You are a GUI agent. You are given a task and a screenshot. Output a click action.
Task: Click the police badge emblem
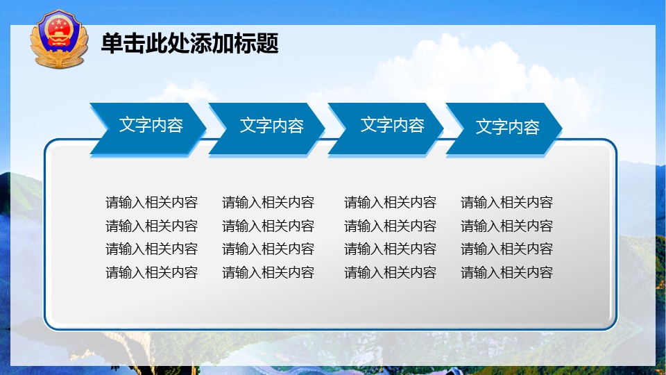pos(59,39)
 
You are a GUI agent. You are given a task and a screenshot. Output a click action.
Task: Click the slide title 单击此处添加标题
pos(190,43)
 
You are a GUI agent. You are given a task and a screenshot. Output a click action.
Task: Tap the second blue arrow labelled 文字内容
pos(266,128)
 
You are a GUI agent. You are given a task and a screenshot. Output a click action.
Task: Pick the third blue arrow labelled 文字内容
pos(386,128)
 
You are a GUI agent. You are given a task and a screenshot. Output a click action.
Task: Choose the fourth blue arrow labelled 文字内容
pos(504,128)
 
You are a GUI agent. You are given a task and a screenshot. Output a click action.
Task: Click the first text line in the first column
pos(152,202)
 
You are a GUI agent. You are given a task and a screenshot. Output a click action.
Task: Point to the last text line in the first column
pos(152,272)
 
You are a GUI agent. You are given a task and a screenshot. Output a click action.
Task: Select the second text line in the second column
pos(268,226)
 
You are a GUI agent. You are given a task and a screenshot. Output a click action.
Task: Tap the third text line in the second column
pos(268,249)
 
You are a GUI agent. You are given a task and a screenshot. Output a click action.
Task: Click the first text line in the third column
pos(391,202)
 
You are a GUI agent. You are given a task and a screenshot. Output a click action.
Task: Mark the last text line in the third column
pos(391,272)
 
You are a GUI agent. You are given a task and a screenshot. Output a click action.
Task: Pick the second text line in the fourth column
pos(506,226)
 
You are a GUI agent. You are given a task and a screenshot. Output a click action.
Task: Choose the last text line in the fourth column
pos(506,272)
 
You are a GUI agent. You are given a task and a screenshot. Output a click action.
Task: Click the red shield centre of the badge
pos(59,31)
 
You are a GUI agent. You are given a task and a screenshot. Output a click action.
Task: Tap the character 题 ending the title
pos(268,43)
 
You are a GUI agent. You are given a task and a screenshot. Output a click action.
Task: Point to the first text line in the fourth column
pos(506,202)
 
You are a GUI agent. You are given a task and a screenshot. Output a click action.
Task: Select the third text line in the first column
pos(152,249)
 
